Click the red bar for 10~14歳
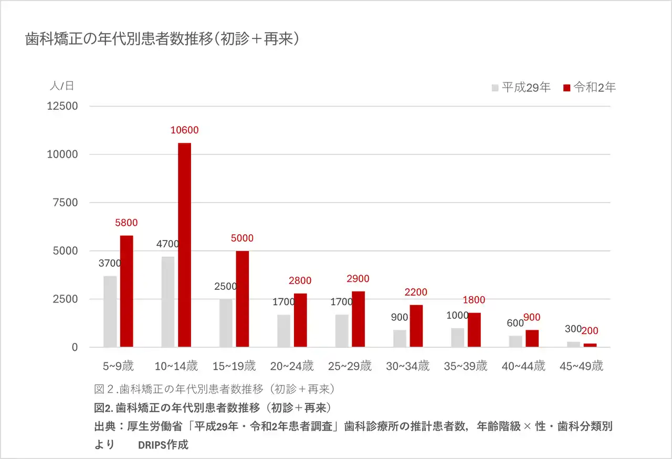pyautogui.click(x=184, y=245)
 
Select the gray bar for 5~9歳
pyautogui.click(x=110, y=311)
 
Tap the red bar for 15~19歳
pyautogui.click(x=243, y=299)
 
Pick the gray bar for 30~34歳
pyautogui.click(x=400, y=338)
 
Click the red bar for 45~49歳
pyautogui.click(x=590, y=345)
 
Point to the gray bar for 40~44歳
pyautogui.click(x=516, y=341)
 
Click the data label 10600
pyautogui.click(x=184, y=130)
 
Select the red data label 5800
pyautogui.click(x=127, y=223)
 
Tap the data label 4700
pyautogui.click(x=167, y=244)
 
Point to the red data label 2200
pyautogui.click(x=416, y=292)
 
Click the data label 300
pyautogui.click(x=573, y=329)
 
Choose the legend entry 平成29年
pyautogui.click(x=521, y=88)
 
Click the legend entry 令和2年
pyautogui.click(x=589, y=88)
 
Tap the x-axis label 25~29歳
pyautogui.click(x=349, y=366)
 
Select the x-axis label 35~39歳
pyautogui.click(x=465, y=366)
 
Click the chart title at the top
pyautogui.click(x=163, y=39)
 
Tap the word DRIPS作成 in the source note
pyautogui.click(x=163, y=445)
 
